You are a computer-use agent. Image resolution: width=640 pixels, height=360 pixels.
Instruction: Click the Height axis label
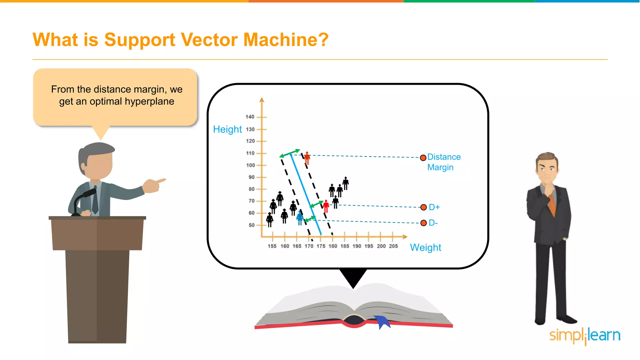click(x=227, y=129)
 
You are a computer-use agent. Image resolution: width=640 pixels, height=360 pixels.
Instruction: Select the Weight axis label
click(x=425, y=247)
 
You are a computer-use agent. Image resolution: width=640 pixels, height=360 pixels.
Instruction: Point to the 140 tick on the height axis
click(x=250, y=117)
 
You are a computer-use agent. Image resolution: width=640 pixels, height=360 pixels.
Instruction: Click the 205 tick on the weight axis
click(x=393, y=246)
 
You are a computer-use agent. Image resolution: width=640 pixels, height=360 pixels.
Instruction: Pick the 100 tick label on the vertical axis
click(x=251, y=165)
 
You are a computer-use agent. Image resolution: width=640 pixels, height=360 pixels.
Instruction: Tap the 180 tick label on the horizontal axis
click(x=333, y=246)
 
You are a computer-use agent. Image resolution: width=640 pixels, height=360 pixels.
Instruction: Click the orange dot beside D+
click(x=423, y=207)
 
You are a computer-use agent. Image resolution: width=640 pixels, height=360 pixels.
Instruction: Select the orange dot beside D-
click(x=423, y=223)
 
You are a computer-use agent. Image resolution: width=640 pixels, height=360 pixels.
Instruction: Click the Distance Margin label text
click(x=443, y=162)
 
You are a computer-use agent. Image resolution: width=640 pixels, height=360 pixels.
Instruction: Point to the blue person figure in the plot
click(x=300, y=218)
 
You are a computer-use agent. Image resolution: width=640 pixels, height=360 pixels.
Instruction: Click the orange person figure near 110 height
click(x=307, y=158)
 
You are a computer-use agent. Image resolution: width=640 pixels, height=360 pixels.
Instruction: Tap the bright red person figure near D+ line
click(x=326, y=207)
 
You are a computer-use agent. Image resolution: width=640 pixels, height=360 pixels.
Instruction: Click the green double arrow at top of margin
click(x=290, y=153)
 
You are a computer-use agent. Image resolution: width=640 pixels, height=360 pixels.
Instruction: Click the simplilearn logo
click(x=584, y=336)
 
